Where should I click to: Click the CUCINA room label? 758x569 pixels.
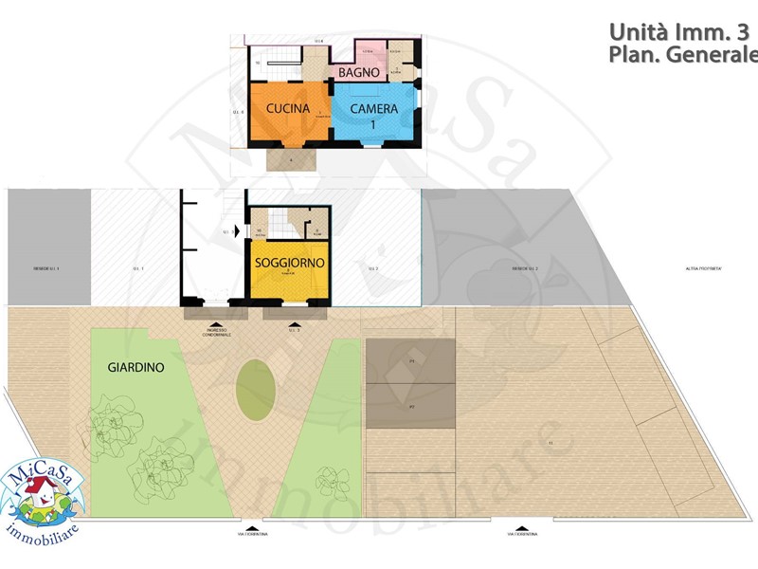tap(288, 109)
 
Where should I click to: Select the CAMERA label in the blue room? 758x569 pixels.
tap(374, 109)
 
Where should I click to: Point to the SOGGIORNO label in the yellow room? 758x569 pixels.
tap(289, 262)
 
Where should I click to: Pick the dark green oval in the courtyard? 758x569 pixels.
tap(252, 391)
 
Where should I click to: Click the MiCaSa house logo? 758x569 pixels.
tap(41, 493)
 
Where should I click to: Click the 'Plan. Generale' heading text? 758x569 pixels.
tap(682, 55)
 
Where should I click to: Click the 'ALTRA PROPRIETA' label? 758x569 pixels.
tap(704, 269)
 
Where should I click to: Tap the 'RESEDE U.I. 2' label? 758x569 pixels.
tap(525, 269)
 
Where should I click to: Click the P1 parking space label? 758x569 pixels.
tap(412, 361)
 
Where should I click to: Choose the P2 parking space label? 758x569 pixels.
tap(412, 406)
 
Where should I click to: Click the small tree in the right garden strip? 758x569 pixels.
tap(328, 476)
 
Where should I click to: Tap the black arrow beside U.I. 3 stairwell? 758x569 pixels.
tap(234, 230)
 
